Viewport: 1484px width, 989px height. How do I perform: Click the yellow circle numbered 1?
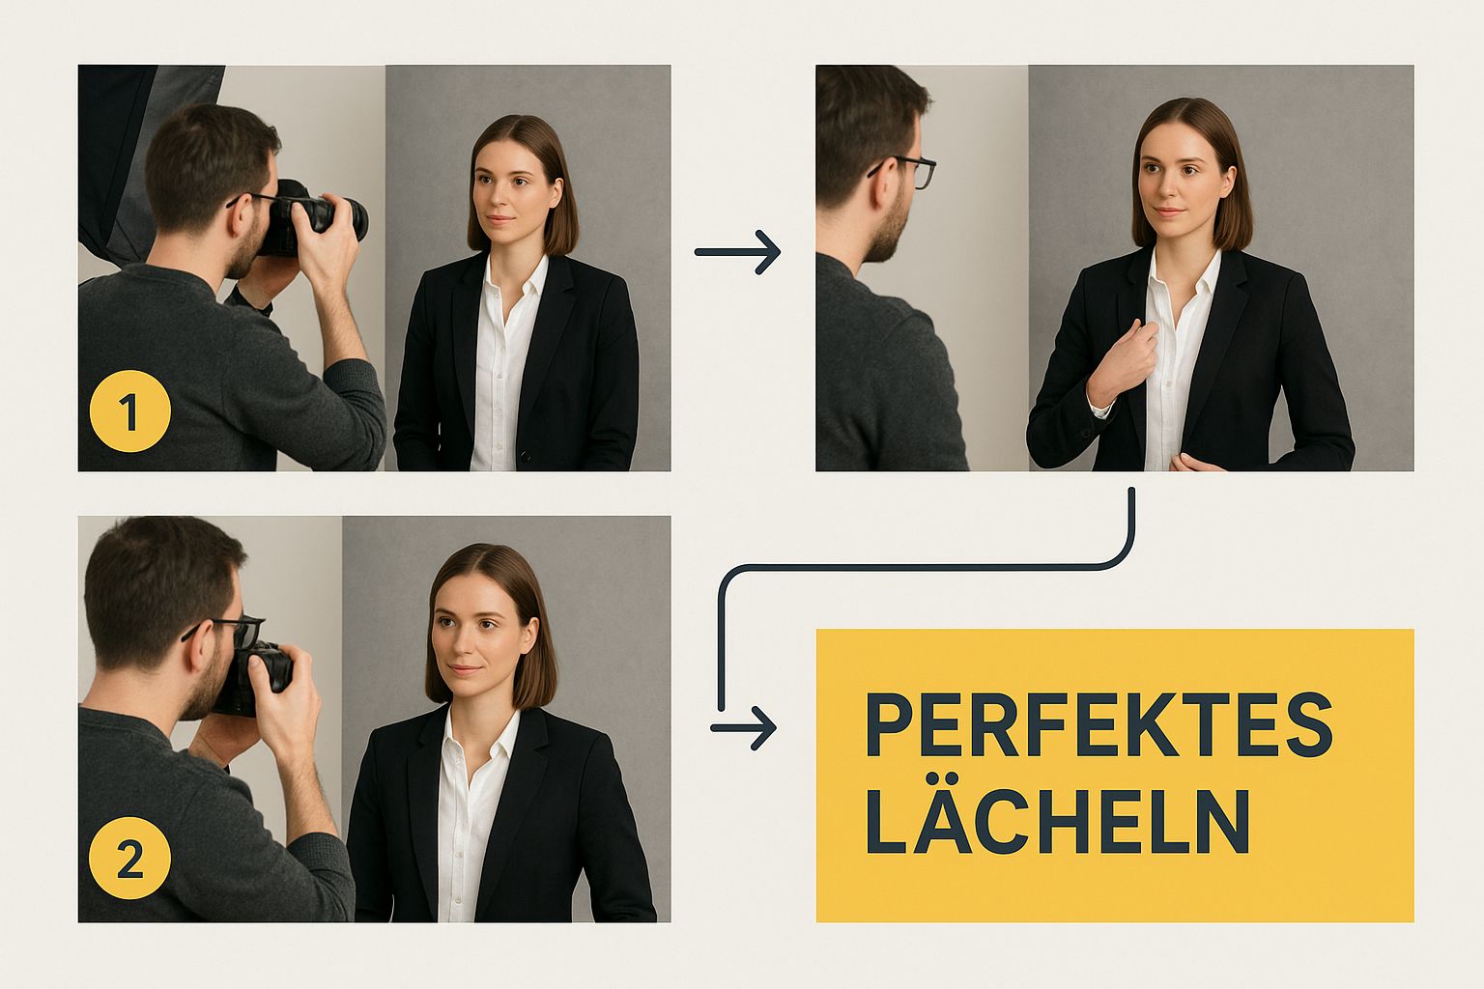point(129,412)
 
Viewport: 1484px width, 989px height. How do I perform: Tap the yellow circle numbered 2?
point(129,859)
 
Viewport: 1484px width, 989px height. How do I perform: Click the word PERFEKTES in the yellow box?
point(1098,724)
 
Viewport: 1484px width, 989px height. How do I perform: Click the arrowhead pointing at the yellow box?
point(763,727)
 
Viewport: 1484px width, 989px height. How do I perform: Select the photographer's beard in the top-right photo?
point(884,232)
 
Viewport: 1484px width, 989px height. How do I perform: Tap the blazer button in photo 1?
point(527,455)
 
